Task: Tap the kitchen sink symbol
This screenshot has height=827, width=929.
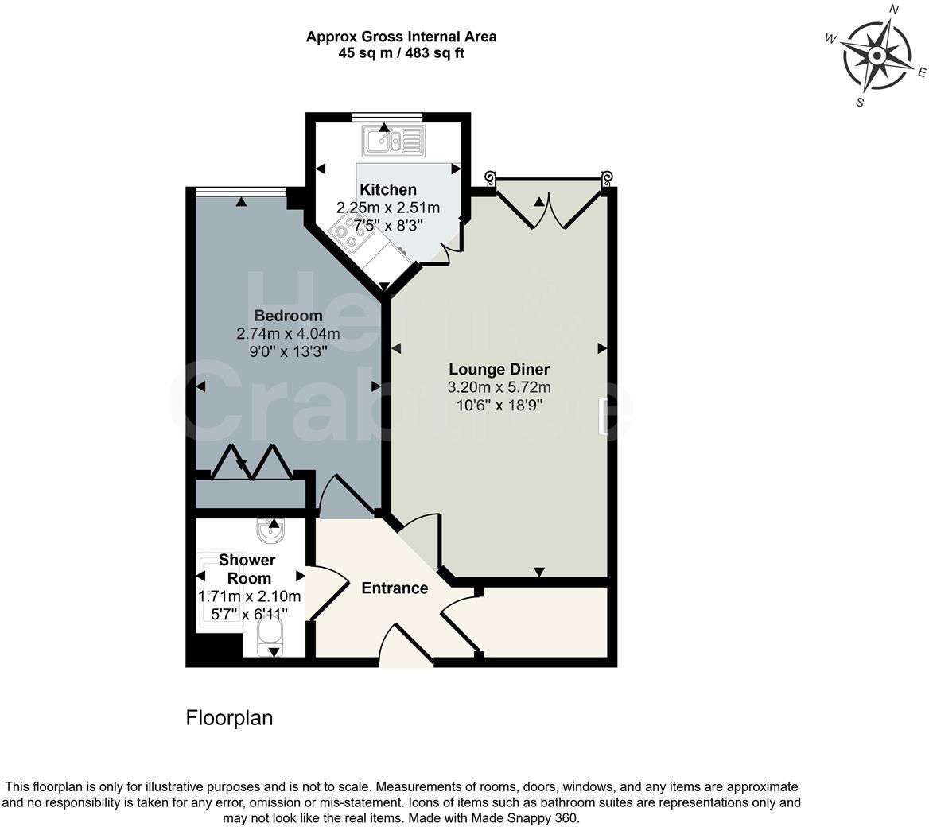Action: point(394,142)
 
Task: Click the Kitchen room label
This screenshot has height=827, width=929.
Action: point(388,189)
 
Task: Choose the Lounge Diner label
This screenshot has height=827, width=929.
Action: point(499,369)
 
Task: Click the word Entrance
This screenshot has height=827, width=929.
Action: point(395,588)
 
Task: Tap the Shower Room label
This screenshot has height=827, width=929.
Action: point(247,569)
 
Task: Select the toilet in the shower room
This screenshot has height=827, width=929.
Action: point(271,635)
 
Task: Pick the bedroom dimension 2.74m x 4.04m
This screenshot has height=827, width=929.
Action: point(288,334)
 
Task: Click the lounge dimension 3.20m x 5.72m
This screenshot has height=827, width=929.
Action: point(499,387)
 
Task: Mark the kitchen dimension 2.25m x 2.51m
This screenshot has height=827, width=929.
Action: point(388,208)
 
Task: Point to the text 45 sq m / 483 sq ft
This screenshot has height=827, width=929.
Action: point(401,53)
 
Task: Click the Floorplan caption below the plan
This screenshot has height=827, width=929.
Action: point(229,718)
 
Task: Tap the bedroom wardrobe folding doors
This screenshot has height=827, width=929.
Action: point(252,463)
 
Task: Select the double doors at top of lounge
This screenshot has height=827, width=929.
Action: point(549,205)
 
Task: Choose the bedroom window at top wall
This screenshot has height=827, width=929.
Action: point(240,190)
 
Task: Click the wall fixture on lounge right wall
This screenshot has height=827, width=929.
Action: point(604,417)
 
